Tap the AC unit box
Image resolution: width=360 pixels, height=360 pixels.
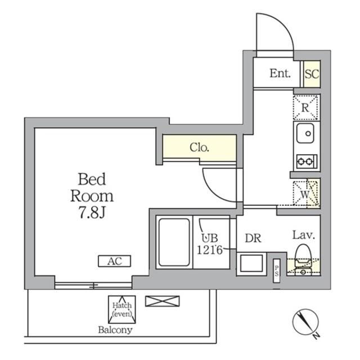(115, 261)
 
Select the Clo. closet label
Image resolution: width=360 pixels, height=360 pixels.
(200, 148)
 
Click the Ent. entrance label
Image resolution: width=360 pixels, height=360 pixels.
(280, 73)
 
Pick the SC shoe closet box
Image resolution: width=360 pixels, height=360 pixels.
(312, 74)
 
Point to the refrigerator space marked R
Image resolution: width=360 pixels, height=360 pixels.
(306, 107)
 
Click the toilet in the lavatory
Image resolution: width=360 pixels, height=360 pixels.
(303, 254)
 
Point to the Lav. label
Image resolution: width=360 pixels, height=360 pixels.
(303, 236)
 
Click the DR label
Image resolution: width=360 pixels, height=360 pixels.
(252, 238)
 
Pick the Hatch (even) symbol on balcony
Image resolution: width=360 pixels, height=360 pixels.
(121, 308)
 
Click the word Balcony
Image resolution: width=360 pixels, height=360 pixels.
(115, 330)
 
